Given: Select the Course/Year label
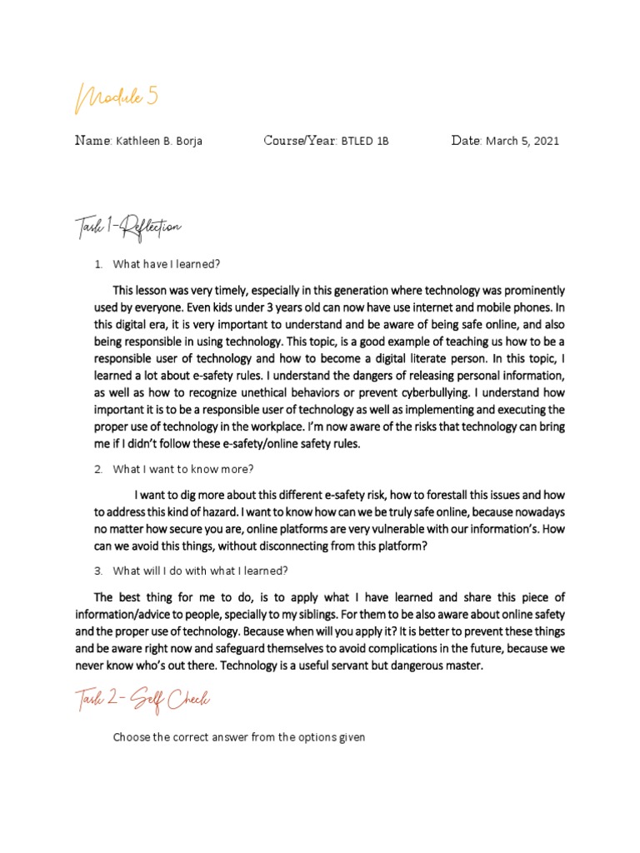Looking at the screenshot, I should [x=299, y=140].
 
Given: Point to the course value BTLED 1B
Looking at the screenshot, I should [x=364, y=141].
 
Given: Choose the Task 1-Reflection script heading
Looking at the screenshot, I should [x=124, y=227].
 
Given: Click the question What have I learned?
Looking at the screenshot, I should [x=166, y=264].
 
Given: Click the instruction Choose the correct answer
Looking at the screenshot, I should [x=239, y=737].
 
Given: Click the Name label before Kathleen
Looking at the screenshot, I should [x=92, y=140].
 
